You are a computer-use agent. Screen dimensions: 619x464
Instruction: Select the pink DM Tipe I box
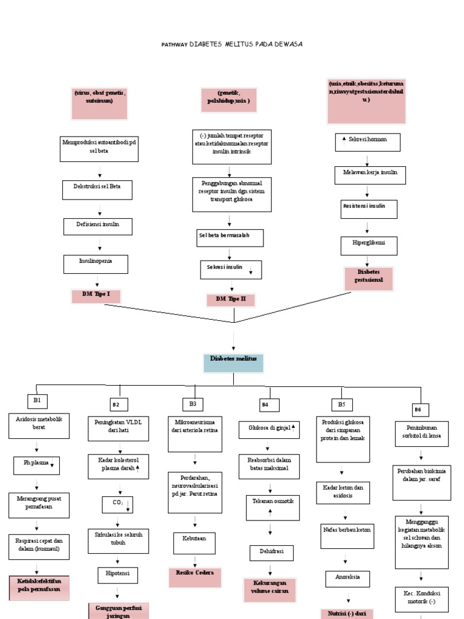(96, 296)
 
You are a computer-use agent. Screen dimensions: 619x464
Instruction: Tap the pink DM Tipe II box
(231, 300)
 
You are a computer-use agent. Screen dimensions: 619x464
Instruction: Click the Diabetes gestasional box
(369, 279)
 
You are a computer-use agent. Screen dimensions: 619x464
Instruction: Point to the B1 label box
(37, 400)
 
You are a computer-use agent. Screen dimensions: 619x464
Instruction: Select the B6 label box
(417, 410)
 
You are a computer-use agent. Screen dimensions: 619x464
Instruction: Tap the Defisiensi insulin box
(98, 227)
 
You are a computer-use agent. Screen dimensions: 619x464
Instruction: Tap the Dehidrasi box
(271, 553)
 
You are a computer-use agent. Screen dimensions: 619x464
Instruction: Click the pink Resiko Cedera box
(195, 577)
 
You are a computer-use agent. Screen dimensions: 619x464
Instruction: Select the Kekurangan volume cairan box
(270, 589)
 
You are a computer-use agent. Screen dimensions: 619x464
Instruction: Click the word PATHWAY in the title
(174, 45)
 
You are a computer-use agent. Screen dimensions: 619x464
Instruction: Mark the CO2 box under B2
(117, 504)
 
